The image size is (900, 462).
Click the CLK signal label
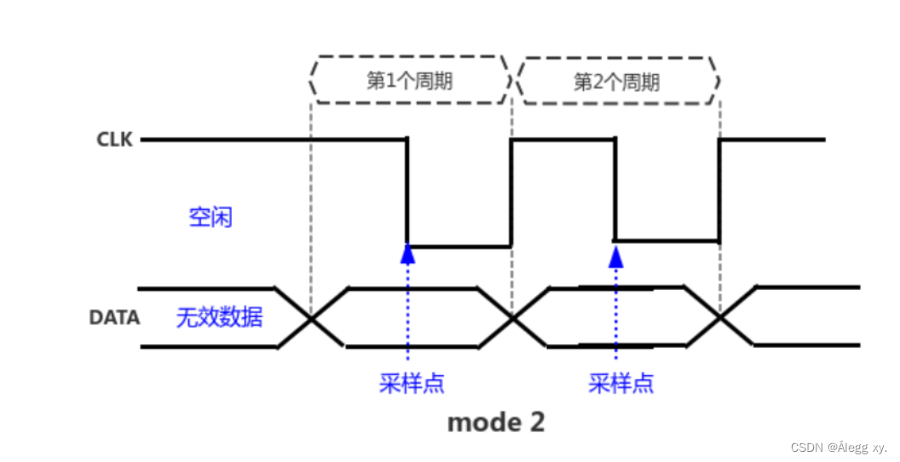coord(114,139)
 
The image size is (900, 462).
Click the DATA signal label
coord(114,318)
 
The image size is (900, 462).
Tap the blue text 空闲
coord(211,217)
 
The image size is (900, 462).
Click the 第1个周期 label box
coord(409,81)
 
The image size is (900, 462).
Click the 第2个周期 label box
coord(616,82)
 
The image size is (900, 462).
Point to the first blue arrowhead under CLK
coord(407,252)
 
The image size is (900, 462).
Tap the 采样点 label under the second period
coord(621,383)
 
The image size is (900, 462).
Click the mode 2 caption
coord(495,421)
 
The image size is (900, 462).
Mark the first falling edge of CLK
coord(407,192)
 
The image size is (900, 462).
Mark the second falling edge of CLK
coord(614,189)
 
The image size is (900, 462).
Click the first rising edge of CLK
coord(511,192)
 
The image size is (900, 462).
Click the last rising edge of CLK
coord(719,189)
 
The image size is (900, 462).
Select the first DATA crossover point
coord(311,318)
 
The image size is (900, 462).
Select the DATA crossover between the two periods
coord(513,318)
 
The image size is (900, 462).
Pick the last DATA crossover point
coord(720,318)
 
